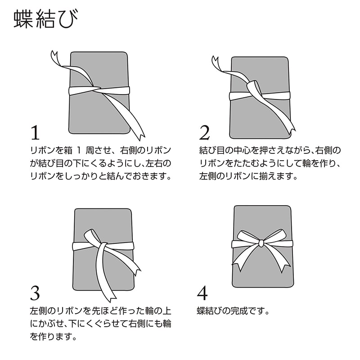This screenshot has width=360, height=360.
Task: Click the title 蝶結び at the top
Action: point(46,19)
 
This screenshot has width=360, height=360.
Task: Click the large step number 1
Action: point(35,133)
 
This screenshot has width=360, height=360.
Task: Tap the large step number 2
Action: point(204,133)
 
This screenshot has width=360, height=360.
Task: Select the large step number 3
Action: point(35,293)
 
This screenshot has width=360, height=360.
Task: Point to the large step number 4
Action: point(202,293)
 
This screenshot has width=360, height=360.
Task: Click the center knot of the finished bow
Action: point(261,243)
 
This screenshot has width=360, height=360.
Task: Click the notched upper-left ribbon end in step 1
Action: point(54,55)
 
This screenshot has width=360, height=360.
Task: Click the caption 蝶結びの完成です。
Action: point(233,311)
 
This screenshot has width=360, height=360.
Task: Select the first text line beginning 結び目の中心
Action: point(270,151)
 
